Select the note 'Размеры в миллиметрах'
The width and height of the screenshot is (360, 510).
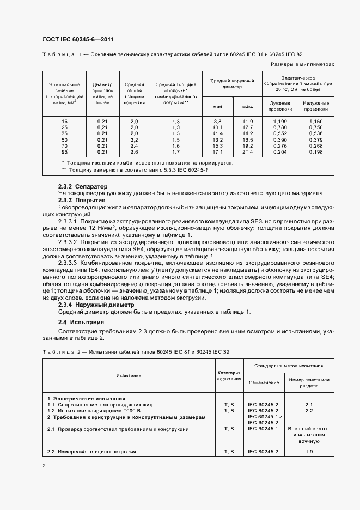pos(302,64)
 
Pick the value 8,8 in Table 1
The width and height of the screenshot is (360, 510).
pos(217,121)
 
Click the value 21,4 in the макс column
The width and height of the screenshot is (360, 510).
pos(248,152)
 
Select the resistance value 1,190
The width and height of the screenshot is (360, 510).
pos(280,121)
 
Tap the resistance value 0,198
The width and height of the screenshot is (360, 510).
pos(315,152)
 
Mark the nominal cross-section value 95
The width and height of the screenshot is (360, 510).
pos(65,152)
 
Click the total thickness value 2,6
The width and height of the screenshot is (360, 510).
pos(135,152)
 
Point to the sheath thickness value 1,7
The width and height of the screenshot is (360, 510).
pos(175,152)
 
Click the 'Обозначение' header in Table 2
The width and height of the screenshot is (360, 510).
pos(264,382)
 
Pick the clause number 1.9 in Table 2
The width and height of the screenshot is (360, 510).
pos(309,452)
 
